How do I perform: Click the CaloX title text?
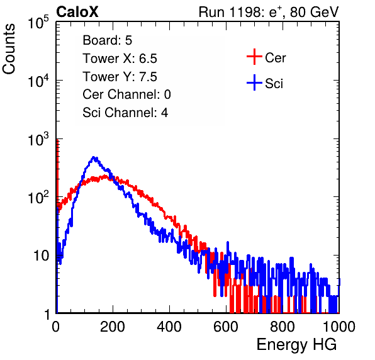click(x=77, y=12)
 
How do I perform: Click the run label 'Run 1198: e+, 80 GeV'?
click(x=269, y=12)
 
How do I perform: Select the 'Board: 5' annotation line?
click(x=108, y=40)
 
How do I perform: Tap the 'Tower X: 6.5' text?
click(x=120, y=59)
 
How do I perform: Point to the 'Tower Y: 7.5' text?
click(x=120, y=77)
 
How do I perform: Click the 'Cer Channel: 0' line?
click(x=126, y=94)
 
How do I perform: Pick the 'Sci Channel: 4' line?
click(x=125, y=113)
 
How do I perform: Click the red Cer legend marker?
click(x=254, y=57)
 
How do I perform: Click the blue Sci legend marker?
click(x=254, y=83)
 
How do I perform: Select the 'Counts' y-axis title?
click(x=9, y=49)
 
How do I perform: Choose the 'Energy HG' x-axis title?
click(x=296, y=345)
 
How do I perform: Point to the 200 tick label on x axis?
click(x=113, y=327)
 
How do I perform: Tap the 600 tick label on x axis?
click(x=226, y=327)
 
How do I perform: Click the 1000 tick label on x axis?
click(x=339, y=327)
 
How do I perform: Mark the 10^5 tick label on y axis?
click(x=38, y=23)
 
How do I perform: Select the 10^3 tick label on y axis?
click(x=38, y=140)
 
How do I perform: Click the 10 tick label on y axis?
click(x=41, y=256)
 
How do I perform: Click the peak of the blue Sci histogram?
click(x=94, y=157)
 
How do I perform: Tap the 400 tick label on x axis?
click(x=169, y=327)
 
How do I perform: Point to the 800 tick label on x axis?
click(x=283, y=327)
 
